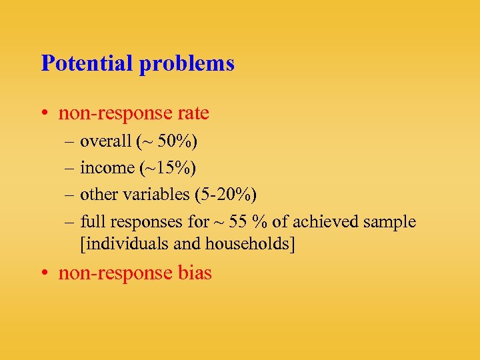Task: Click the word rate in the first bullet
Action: (x=194, y=113)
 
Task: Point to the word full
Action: (x=93, y=221)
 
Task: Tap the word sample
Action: (x=393, y=221)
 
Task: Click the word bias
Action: (x=196, y=273)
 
